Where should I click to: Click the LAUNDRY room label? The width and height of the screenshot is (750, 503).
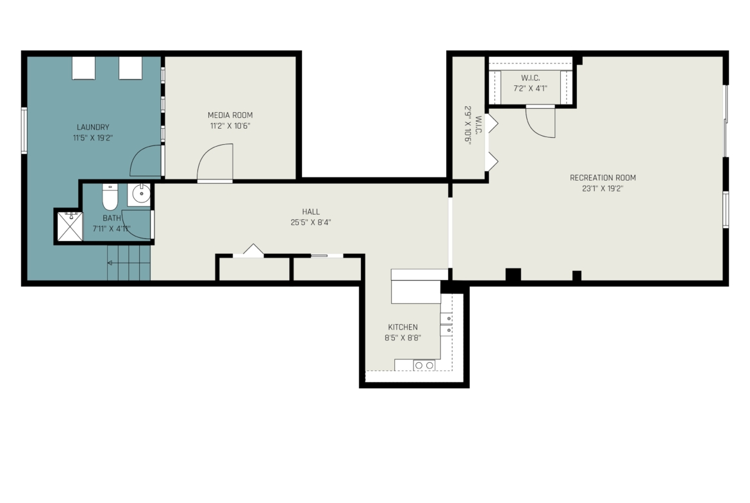click(x=93, y=127)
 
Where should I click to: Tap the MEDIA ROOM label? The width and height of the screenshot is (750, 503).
click(x=230, y=115)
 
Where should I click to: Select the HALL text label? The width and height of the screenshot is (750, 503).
click(x=311, y=212)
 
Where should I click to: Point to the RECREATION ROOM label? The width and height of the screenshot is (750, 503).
click(x=603, y=178)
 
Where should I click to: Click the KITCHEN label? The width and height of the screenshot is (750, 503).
click(x=403, y=327)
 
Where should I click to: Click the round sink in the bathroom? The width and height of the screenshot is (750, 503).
click(x=141, y=194)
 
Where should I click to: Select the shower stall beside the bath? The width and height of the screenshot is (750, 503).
click(x=70, y=226)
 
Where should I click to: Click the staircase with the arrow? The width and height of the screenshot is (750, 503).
click(x=128, y=263)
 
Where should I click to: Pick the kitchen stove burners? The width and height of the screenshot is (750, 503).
click(x=424, y=365)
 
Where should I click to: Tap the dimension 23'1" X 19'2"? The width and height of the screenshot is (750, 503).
click(x=603, y=188)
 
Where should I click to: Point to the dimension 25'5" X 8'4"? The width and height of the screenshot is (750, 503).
click(x=311, y=222)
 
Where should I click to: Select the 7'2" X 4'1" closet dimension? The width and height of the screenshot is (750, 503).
click(x=531, y=88)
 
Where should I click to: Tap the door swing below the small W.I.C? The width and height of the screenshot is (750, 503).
click(x=540, y=122)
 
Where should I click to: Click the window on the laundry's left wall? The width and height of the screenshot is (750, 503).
click(x=24, y=131)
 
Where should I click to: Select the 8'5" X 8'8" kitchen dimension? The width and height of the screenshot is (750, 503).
click(x=403, y=338)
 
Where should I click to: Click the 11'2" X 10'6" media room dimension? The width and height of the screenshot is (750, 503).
click(x=230, y=126)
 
